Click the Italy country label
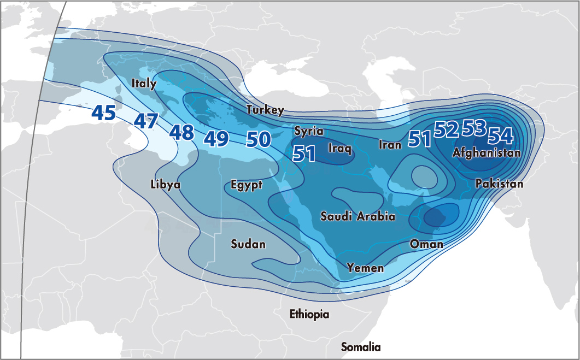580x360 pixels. coord(144,84)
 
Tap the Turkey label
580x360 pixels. coord(265,110)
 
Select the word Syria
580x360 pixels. coord(309,131)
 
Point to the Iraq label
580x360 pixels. coord(339,147)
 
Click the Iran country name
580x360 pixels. coord(390,145)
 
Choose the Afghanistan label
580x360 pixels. coord(487,154)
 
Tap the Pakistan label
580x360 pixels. coord(499,184)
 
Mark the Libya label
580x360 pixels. coord(165,185)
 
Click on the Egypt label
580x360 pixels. coord(246,185)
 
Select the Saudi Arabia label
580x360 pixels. coord(358,216)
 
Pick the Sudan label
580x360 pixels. coord(248,244)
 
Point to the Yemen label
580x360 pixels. coord(365,268)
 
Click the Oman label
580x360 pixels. coord(426,244)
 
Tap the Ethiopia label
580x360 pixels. coord(309,314)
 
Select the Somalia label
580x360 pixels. coord(361,347)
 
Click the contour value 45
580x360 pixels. coord(103,113)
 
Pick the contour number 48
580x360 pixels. coord(181,132)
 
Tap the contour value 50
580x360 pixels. coord(259,139)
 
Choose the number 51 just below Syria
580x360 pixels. coord(304,154)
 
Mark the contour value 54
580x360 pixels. coord(500,135)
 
